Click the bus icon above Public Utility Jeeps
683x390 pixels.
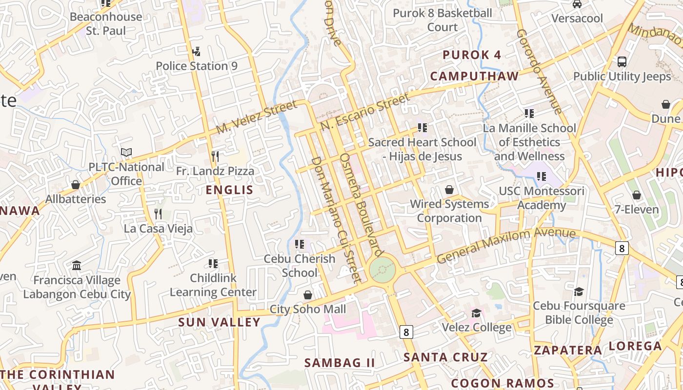(622, 62)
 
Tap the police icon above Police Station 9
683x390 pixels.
(196, 51)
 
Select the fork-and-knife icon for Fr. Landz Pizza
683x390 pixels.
(215, 156)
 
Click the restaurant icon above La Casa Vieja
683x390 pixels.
(158, 214)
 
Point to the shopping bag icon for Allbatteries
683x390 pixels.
(76, 185)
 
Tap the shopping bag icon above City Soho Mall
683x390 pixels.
(307, 294)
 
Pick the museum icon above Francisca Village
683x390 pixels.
(77, 266)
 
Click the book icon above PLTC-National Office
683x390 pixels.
(126, 153)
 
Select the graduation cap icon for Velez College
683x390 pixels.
(476, 312)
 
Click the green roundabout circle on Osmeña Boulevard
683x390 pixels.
(382, 270)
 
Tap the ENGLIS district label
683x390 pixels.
(230, 190)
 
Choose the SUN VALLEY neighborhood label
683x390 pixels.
(219, 322)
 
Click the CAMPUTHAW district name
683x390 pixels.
(474, 76)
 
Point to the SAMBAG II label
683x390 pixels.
(340, 363)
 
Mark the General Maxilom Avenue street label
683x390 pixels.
(506, 245)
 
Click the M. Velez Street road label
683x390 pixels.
(257, 117)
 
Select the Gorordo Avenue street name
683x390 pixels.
(539, 71)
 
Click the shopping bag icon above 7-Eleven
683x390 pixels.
(636, 195)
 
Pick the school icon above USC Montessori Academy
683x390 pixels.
(541, 176)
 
